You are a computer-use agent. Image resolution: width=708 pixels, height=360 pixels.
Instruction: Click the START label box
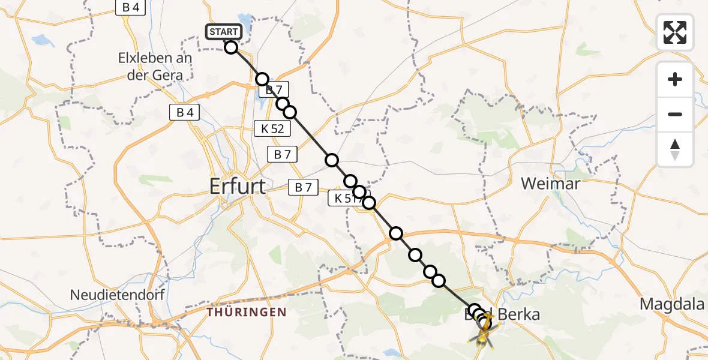coord(224,31)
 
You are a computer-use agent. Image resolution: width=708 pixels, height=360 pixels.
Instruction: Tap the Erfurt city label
coord(238,186)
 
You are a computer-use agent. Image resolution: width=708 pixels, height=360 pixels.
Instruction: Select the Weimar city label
coord(550,183)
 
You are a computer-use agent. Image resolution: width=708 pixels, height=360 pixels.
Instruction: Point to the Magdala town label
coord(671,304)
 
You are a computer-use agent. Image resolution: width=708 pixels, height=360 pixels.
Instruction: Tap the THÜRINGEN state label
coord(247,313)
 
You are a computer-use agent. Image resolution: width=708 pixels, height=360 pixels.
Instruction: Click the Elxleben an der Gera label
coord(155,65)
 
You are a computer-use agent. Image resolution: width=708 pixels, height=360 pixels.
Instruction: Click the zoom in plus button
coord(675,79)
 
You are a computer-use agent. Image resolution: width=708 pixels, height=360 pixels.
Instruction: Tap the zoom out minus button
coord(675,114)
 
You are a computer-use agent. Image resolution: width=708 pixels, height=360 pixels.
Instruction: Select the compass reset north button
coord(675,149)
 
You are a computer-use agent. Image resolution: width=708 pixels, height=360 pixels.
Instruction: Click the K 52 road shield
coord(273,128)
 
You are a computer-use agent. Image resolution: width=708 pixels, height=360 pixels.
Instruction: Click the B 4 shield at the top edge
coord(130,8)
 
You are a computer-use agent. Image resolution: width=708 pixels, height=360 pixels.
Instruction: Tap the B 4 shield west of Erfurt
coord(185,112)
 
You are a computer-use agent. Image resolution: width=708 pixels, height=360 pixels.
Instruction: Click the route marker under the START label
coord(232,47)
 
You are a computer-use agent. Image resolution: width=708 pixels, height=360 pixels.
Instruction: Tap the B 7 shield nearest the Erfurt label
coord(304,187)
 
